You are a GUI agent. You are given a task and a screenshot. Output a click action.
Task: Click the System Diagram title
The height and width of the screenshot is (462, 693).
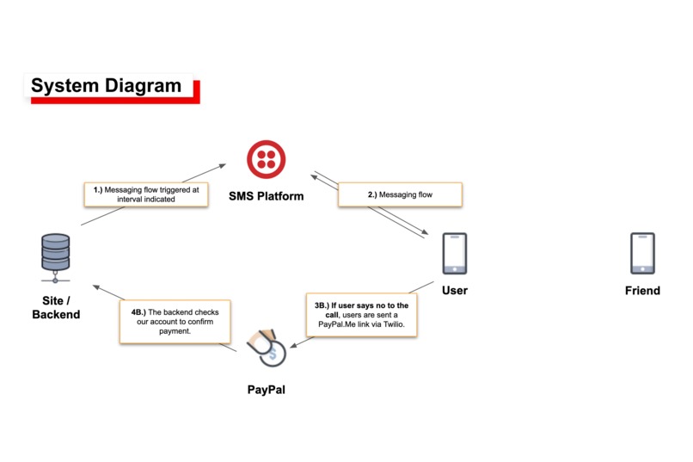click(106, 85)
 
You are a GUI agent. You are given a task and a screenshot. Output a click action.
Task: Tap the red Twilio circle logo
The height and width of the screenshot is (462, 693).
click(266, 160)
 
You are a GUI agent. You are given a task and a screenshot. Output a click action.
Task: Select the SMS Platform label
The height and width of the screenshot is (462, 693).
click(266, 196)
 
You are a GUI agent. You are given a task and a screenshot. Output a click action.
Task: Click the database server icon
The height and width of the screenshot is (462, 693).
click(56, 258)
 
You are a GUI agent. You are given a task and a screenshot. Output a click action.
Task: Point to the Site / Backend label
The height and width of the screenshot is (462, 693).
click(56, 307)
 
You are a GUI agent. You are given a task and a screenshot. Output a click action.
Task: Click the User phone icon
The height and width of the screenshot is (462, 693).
click(455, 254)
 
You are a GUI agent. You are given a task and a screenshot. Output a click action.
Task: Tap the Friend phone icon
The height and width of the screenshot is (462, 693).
click(642, 254)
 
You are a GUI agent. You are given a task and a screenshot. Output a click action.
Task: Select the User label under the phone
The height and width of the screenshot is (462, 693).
click(455, 291)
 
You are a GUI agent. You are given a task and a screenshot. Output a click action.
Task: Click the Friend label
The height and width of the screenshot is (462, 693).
click(642, 291)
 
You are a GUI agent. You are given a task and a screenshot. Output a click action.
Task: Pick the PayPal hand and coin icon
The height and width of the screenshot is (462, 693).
click(267, 348)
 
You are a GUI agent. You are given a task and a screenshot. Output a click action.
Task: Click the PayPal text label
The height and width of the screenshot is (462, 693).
click(266, 390)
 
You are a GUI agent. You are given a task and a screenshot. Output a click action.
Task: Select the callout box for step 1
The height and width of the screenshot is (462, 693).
click(146, 194)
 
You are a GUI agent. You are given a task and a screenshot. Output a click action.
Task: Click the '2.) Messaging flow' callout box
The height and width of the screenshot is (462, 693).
click(400, 194)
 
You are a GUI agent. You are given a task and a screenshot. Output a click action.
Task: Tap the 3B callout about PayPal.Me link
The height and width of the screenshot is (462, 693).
click(361, 315)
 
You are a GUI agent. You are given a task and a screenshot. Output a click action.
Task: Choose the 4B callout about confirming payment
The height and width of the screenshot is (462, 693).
click(175, 322)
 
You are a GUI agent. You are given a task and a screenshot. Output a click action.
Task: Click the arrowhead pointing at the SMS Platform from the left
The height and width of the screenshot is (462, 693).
click(223, 166)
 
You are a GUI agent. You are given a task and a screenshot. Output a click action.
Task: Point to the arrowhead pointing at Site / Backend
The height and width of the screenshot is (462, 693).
click(96, 287)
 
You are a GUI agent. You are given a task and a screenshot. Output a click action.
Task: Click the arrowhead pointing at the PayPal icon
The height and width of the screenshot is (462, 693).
click(293, 345)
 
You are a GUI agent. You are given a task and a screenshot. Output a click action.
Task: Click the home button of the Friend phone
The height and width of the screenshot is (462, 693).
click(642, 269)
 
